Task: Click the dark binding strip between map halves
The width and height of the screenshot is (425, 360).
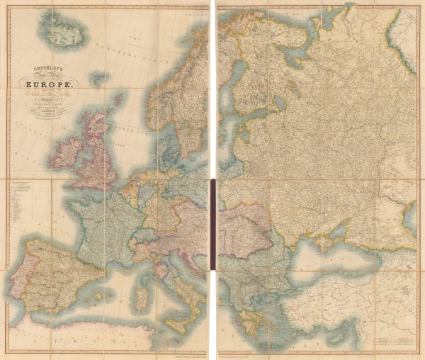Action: click(212, 224)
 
